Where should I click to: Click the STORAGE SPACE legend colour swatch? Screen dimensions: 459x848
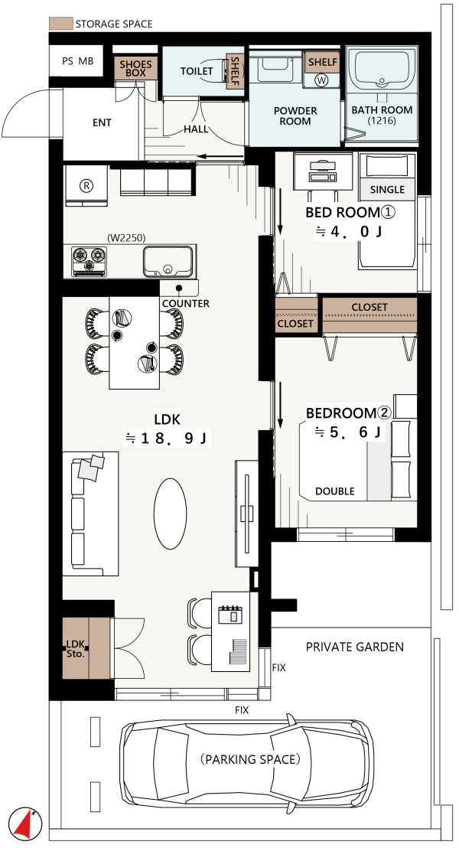pos(60,24)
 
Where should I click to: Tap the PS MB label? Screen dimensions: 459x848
pos(78,61)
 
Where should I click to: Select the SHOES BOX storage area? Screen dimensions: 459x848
pos(135,69)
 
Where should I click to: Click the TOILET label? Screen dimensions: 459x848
pos(197,71)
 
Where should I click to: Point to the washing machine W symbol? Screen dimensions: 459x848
pos(322,80)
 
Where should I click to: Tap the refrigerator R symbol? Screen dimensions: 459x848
pos(86,185)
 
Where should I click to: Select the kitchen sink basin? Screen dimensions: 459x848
pos(168,261)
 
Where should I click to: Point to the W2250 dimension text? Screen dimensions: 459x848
pos(127,238)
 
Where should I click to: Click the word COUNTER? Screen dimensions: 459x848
pos(186,303)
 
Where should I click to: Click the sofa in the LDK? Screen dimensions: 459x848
pos(90,514)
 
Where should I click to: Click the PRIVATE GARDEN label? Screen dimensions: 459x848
pos(355,647)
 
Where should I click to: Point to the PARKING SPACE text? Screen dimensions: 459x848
pos(250,759)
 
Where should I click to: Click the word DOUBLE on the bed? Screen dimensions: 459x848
pos(335,491)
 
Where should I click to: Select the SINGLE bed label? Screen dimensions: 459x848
pos(387,189)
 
